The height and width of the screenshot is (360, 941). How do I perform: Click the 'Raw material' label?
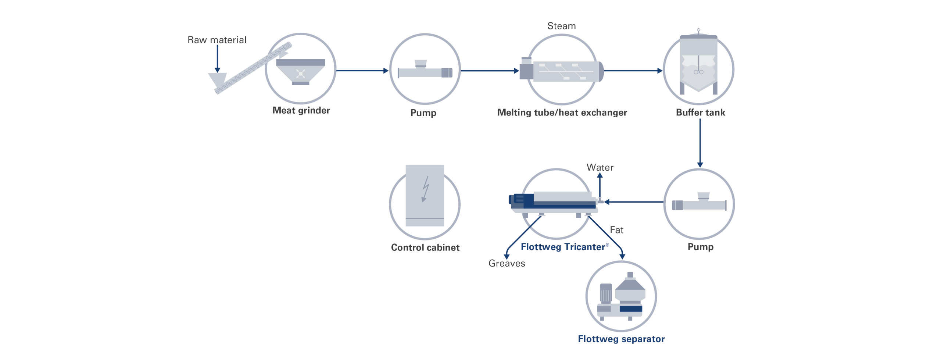pyautogui.click(x=217, y=40)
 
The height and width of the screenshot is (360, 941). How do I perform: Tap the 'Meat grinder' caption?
pyautogui.click(x=301, y=110)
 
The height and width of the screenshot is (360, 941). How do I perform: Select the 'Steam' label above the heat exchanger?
pyautogui.click(x=561, y=26)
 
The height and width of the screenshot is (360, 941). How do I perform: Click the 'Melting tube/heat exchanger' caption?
pyautogui.click(x=562, y=113)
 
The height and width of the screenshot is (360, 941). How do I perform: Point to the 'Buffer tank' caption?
pyautogui.click(x=700, y=113)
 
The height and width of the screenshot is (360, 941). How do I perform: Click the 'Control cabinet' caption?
pyautogui.click(x=425, y=247)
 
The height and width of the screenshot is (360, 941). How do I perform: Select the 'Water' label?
pyautogui.click(x=600, y=168)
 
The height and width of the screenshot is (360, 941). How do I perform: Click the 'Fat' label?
pyautogui.click(x=616, y=230)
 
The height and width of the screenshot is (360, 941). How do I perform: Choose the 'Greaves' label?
pyautogui.click(x=507, y=263)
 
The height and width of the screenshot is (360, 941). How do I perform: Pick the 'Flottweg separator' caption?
pyautogui.click(x=621, y=339)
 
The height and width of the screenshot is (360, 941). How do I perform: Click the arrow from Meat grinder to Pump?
pyautogui.click(x=362, y=71)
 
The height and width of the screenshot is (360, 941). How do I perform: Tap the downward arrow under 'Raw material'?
pyautogui.click(x=217, y=59)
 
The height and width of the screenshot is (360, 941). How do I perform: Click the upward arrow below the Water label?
pyautogui.click(x=600, y=186)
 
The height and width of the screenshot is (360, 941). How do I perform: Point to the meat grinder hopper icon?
pyautogui.click(x=300, y=72)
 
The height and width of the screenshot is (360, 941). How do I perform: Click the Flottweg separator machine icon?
pyautogui.click(x=621, y=297)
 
